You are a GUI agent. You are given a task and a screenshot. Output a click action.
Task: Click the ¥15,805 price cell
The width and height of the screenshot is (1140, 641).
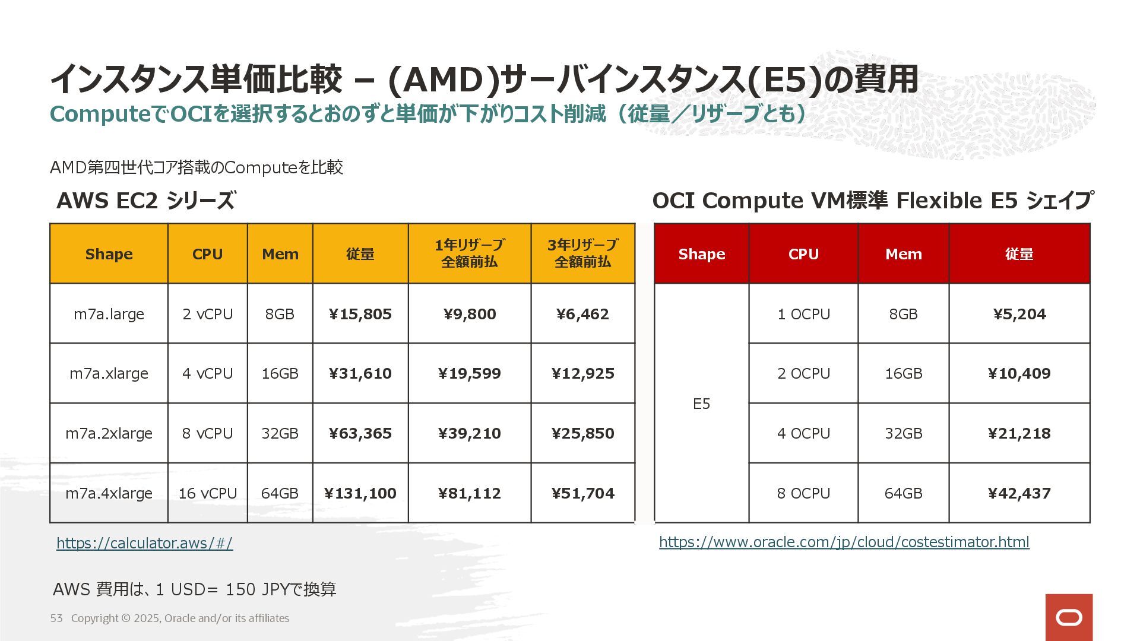point(360,314)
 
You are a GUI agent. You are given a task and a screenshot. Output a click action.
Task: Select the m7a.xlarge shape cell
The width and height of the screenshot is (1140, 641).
point(109,374)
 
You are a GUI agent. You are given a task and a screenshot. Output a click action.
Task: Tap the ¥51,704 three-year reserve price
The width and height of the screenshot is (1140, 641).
point(582,493)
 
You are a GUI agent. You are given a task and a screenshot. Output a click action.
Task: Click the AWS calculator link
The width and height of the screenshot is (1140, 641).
point(144,543)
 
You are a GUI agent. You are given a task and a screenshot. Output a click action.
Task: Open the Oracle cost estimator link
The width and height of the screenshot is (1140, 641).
point(844,542)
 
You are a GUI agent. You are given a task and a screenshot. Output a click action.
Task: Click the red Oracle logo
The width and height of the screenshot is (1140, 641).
point(1069,617)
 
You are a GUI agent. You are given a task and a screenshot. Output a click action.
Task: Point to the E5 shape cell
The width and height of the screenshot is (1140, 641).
point(701,404)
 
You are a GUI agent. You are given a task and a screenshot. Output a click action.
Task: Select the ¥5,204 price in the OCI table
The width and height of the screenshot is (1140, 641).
point(1019,314)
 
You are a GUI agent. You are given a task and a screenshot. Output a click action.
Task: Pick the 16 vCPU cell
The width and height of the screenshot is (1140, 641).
point(207,493)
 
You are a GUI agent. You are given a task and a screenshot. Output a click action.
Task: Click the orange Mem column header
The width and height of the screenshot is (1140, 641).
point(280,254)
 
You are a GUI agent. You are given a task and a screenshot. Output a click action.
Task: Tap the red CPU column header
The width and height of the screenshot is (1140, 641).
point(803,254)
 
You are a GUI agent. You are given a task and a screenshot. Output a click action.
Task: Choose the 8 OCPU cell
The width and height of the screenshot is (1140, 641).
point(803,493)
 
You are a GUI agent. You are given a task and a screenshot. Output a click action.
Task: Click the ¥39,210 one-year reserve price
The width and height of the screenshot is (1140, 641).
point(469,433)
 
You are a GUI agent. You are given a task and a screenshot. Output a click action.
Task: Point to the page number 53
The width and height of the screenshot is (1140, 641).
point(56,618)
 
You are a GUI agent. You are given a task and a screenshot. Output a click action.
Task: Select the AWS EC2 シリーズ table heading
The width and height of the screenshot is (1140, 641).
point(145,201)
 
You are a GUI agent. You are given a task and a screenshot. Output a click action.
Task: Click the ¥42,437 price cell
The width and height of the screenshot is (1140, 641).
point(1019,493)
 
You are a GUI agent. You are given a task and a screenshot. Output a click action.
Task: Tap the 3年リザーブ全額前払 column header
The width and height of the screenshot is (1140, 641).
point(582,253)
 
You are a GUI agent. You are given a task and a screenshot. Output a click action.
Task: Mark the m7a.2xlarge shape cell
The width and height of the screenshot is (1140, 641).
point(109,433)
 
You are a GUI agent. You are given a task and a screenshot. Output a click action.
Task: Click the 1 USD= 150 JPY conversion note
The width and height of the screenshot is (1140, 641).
point(195,589)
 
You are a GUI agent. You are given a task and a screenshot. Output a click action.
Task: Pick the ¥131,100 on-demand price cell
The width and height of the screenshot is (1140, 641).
point(360,493)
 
